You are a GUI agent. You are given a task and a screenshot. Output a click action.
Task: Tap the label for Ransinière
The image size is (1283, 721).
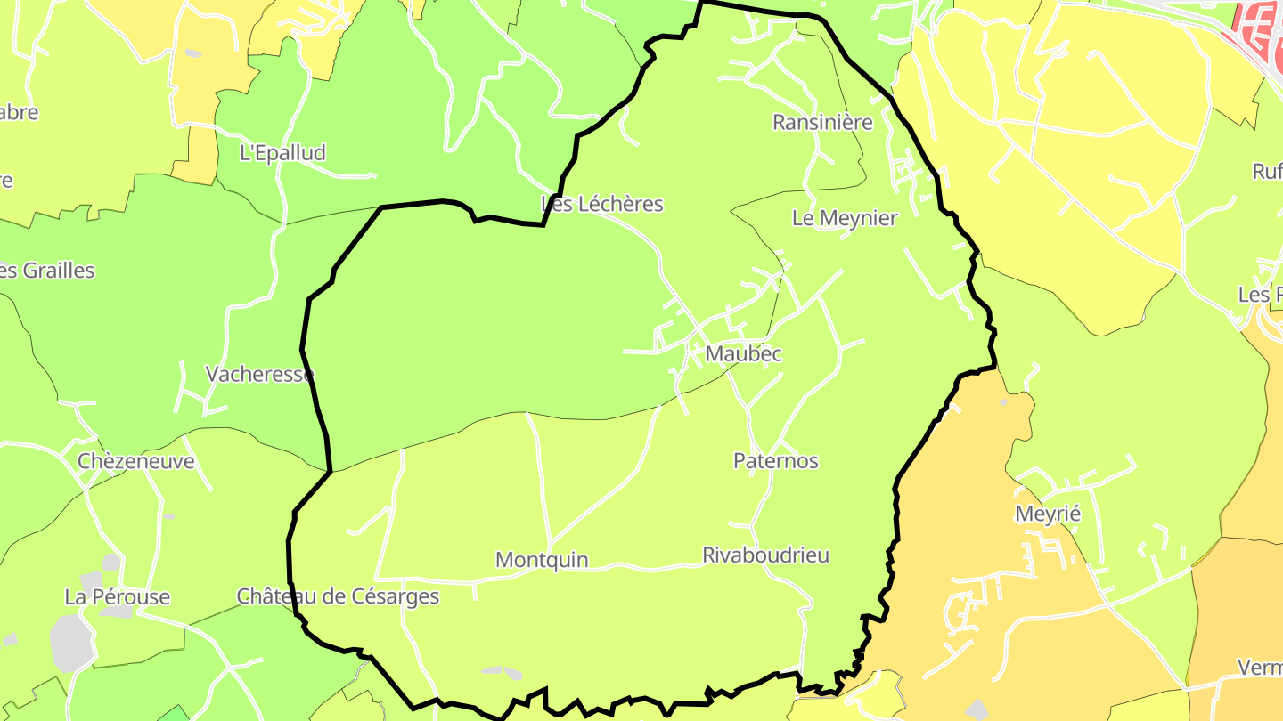pyautogui.click(x=822, y=122)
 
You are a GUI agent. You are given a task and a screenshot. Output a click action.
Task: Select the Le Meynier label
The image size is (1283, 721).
pyautogui.click(x=845, y=218)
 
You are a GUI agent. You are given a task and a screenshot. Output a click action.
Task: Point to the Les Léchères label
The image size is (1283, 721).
pyautogui.click(x=602, y=204)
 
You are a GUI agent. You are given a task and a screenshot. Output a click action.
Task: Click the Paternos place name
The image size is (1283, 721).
pyautogui.click(x=775, y=460)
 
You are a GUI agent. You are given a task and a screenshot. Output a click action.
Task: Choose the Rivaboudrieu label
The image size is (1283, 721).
pyautogui.click(x=765, y=555)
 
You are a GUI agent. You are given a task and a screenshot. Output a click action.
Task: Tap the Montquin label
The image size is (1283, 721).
pyautogui.click(x=542, y=560)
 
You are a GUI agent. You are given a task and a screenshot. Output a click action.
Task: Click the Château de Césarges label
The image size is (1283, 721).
pyautogui.click(x=338, y=595)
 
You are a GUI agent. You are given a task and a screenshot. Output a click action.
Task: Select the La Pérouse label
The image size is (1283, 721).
pyautogui.click(x=117, y=596)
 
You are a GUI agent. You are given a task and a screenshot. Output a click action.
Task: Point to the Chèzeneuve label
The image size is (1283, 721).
pyautogui.click(x=135, y=461)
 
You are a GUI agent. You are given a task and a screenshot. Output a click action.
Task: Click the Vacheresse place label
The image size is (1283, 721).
pyautogui.click(x=259, y=374)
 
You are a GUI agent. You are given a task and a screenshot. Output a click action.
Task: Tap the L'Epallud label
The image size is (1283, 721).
pyautogui.click(x=282, y=152)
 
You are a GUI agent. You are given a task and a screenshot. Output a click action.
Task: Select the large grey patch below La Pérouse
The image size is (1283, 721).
pyautogui.click(x=70, y=643)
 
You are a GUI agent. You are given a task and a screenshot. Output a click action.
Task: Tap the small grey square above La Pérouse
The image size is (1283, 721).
pyautogui.click(x=111, y=562)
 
